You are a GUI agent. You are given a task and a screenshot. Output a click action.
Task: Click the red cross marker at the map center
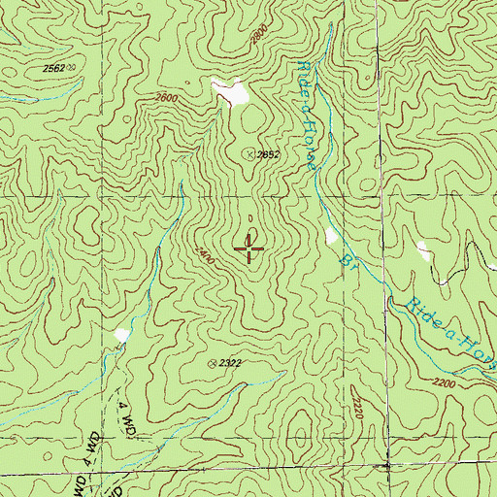point(249,249)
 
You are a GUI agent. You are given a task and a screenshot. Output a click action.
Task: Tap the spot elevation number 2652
point(269,154)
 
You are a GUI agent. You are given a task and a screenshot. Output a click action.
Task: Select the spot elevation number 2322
point(230,363)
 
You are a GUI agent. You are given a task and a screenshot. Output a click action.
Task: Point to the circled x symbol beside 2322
point(213,363)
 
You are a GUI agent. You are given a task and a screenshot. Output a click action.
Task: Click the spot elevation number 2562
point(53,68)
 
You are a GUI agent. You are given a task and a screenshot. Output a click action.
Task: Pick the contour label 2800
point(257,33)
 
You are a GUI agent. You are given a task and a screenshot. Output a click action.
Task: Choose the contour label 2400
point(204,255)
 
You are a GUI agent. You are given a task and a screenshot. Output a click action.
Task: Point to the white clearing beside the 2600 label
point(231,92)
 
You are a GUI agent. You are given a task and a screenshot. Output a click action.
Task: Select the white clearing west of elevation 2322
point(121,335)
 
